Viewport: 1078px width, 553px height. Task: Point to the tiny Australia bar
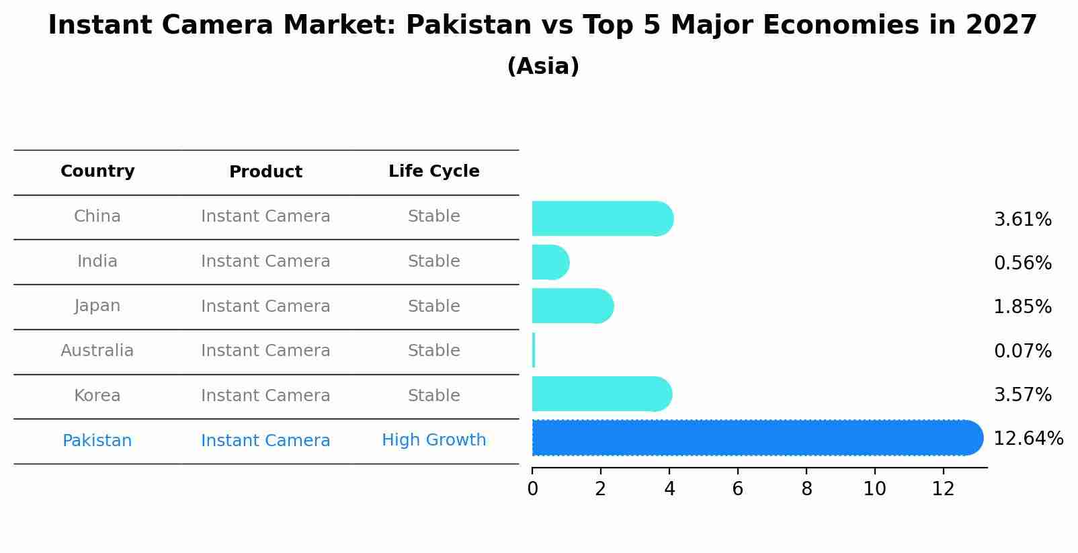coord(534,350)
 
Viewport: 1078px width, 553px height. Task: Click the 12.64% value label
coord(1028,439)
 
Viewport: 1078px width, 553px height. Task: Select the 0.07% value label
coord(1022,351)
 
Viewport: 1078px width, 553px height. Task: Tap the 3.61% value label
coord(1022,220)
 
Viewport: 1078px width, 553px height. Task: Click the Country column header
coord(97,171)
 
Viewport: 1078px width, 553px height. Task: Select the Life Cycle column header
coord(433,171)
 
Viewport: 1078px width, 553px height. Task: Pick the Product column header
coord(265,172)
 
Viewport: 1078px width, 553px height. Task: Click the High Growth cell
coord(433,440)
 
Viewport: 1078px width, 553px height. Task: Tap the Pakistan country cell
coord(97,441)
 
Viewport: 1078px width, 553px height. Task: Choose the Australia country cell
coord(97,351)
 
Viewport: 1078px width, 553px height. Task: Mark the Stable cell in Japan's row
coord(433,306)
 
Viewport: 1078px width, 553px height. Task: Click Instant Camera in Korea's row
coord(265,396)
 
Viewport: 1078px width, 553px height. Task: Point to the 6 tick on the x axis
coord(738,488)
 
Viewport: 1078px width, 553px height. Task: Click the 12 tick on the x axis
coord(943,488)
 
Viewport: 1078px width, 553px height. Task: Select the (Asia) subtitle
coord(543,67)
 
